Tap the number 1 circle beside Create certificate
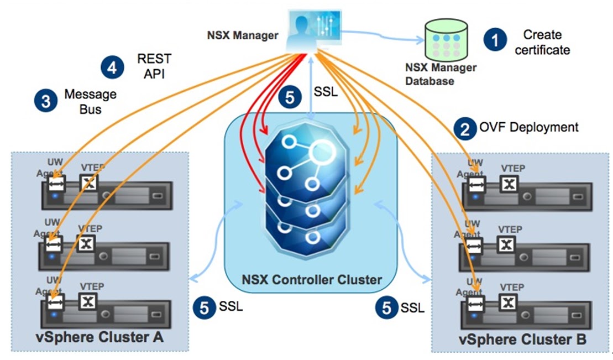(x=495, y=40)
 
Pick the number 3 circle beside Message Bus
(x=45, y=101)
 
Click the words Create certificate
(x=546, y=43)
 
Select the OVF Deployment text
(x=528, y=127)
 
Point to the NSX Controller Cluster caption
(x=312, y=279)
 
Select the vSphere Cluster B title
(x=523, y=338)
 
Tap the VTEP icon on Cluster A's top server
(x=89, y=183)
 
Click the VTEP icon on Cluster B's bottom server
(x=509, y=302)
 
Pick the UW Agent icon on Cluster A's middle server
(x=54, y=244)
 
